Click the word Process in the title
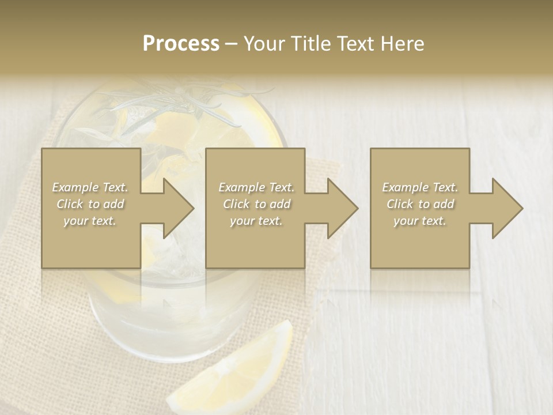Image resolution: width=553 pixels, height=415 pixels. (181, 44)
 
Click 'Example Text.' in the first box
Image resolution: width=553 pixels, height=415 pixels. (90, 187)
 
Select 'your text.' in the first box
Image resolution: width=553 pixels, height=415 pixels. (90, 221)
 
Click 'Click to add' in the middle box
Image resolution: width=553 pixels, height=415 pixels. (256, 204)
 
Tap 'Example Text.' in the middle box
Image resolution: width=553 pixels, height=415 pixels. (256, 187)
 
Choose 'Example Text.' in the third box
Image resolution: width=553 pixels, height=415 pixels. (420, 187)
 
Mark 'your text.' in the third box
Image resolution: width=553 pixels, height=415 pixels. (420, 221)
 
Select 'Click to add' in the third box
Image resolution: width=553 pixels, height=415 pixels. (420, 204)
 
